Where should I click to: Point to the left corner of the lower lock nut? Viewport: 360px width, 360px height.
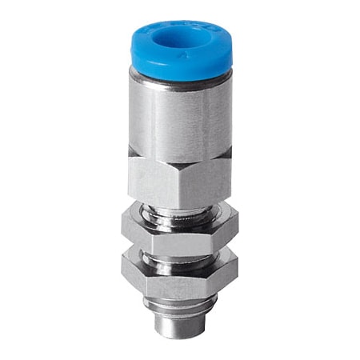(125, 272)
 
